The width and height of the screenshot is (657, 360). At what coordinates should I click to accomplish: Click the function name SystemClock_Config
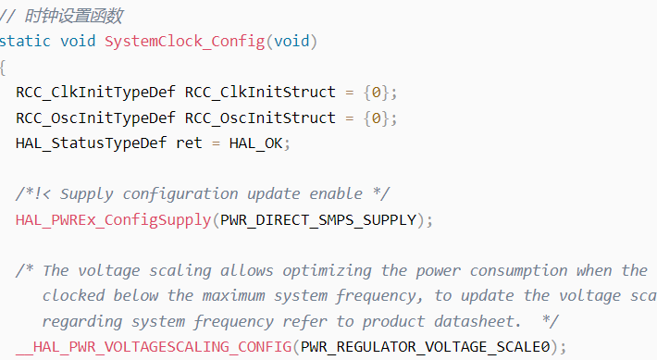click(x=185, y=42)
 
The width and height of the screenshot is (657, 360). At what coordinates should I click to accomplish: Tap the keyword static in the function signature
click(x=25, y=41)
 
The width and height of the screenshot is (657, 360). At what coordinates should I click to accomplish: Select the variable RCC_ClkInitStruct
click(x=260, y=93)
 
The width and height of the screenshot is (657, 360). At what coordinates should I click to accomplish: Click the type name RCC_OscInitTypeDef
click(x=95, y=118)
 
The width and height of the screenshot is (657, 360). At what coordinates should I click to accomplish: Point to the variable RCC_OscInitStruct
click(x=260, y=118)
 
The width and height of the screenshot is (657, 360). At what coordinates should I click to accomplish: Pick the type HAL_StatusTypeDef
click(x=91, y=143)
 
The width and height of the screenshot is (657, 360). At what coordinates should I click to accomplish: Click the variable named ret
click(x=189, y=143)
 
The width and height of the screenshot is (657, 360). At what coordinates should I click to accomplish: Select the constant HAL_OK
click(x=255, y=143)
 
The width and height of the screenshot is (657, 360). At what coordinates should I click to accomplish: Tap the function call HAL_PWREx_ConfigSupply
click(x=113, y=220)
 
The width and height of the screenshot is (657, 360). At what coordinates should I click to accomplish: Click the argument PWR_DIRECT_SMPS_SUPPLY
click(x=318, y=220)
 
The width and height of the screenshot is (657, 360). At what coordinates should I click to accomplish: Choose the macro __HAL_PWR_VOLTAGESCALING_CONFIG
click(x=154, y=347)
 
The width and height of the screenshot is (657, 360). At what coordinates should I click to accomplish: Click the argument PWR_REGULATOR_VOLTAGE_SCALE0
click(x=425, y=347)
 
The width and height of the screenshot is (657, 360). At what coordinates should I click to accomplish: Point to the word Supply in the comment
click(x=87, y=194)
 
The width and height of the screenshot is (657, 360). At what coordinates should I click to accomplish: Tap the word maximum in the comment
click(x=234, y=296)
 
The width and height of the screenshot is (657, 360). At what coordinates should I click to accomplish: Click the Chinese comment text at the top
click(x=74, y=17)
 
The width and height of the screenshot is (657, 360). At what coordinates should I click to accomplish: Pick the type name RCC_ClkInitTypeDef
click(x=95, y=93)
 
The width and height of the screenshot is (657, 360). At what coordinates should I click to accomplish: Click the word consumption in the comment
click(x=519, y=271)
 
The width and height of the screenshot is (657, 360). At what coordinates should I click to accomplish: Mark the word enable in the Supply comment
click(x=336, y=194)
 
